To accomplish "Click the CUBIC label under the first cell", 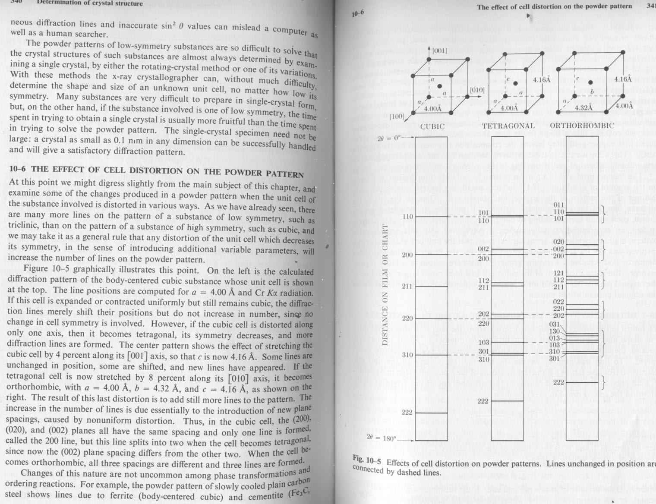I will pos(432,126).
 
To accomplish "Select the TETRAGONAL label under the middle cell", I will pos(508,126).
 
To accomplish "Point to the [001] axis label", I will pos(439,51).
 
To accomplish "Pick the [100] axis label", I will pos(397,117).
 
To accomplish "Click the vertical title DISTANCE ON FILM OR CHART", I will pos(385,286).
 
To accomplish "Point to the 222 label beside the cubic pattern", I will pos(407,413).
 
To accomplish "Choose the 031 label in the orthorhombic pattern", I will pos(554,324).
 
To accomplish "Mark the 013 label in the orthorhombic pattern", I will pos(554,338).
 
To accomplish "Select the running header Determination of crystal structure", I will pos(90,3).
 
